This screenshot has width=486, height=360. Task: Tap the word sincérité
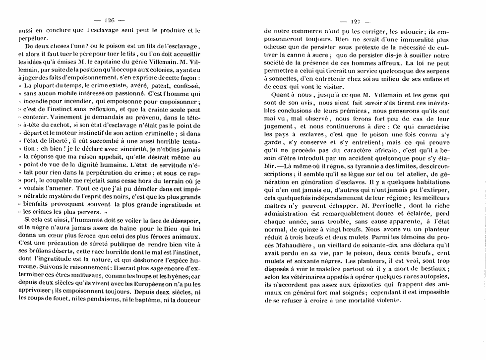[x=128, y=149]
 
